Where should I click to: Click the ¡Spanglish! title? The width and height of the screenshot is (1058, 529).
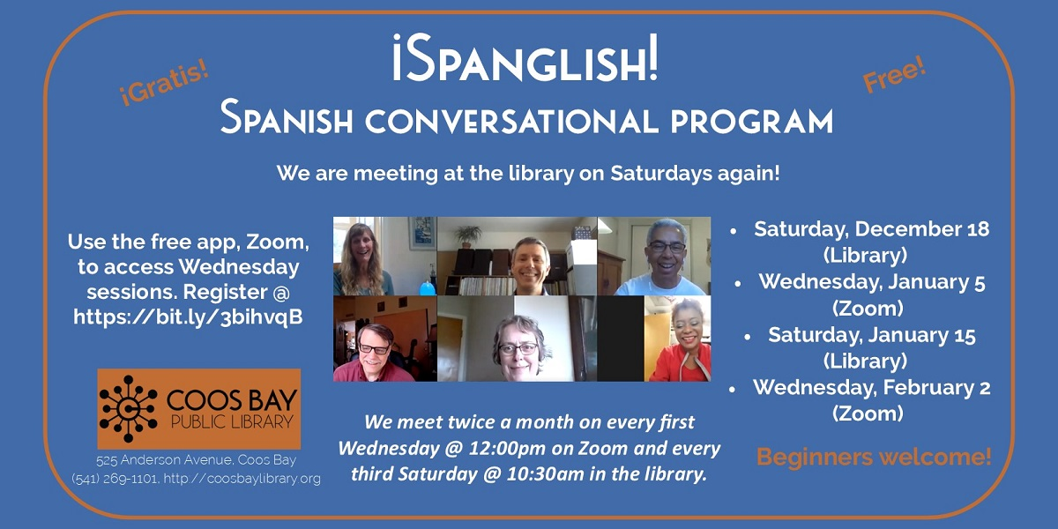(525, 57)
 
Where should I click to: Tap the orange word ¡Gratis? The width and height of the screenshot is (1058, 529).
(163, 84)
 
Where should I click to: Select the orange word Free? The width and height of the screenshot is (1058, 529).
(894, 74)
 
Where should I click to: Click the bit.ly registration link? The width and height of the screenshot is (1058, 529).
(188, 317)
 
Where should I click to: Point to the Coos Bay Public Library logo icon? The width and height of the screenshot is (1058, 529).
(128, 409)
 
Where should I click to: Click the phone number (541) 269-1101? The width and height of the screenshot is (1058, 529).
(115, 479)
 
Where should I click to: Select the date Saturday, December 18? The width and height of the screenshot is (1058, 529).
(871, 229)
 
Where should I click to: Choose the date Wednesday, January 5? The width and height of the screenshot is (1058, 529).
(872, 282)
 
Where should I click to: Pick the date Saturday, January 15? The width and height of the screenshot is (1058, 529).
(871, 335)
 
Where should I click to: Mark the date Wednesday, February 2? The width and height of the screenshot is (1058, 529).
(871, 388)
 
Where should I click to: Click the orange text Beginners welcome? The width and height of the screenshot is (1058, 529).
(874, 457)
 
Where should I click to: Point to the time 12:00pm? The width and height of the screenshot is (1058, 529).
(507, 448)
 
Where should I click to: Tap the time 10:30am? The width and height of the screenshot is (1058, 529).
(545, 474)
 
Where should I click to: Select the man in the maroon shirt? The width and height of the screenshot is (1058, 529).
(373, 354)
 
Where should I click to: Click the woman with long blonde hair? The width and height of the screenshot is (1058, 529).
(361, 260)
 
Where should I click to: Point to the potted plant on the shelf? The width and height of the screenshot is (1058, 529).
(467, 236)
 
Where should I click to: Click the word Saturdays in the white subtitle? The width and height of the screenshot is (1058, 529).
(660, 174)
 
